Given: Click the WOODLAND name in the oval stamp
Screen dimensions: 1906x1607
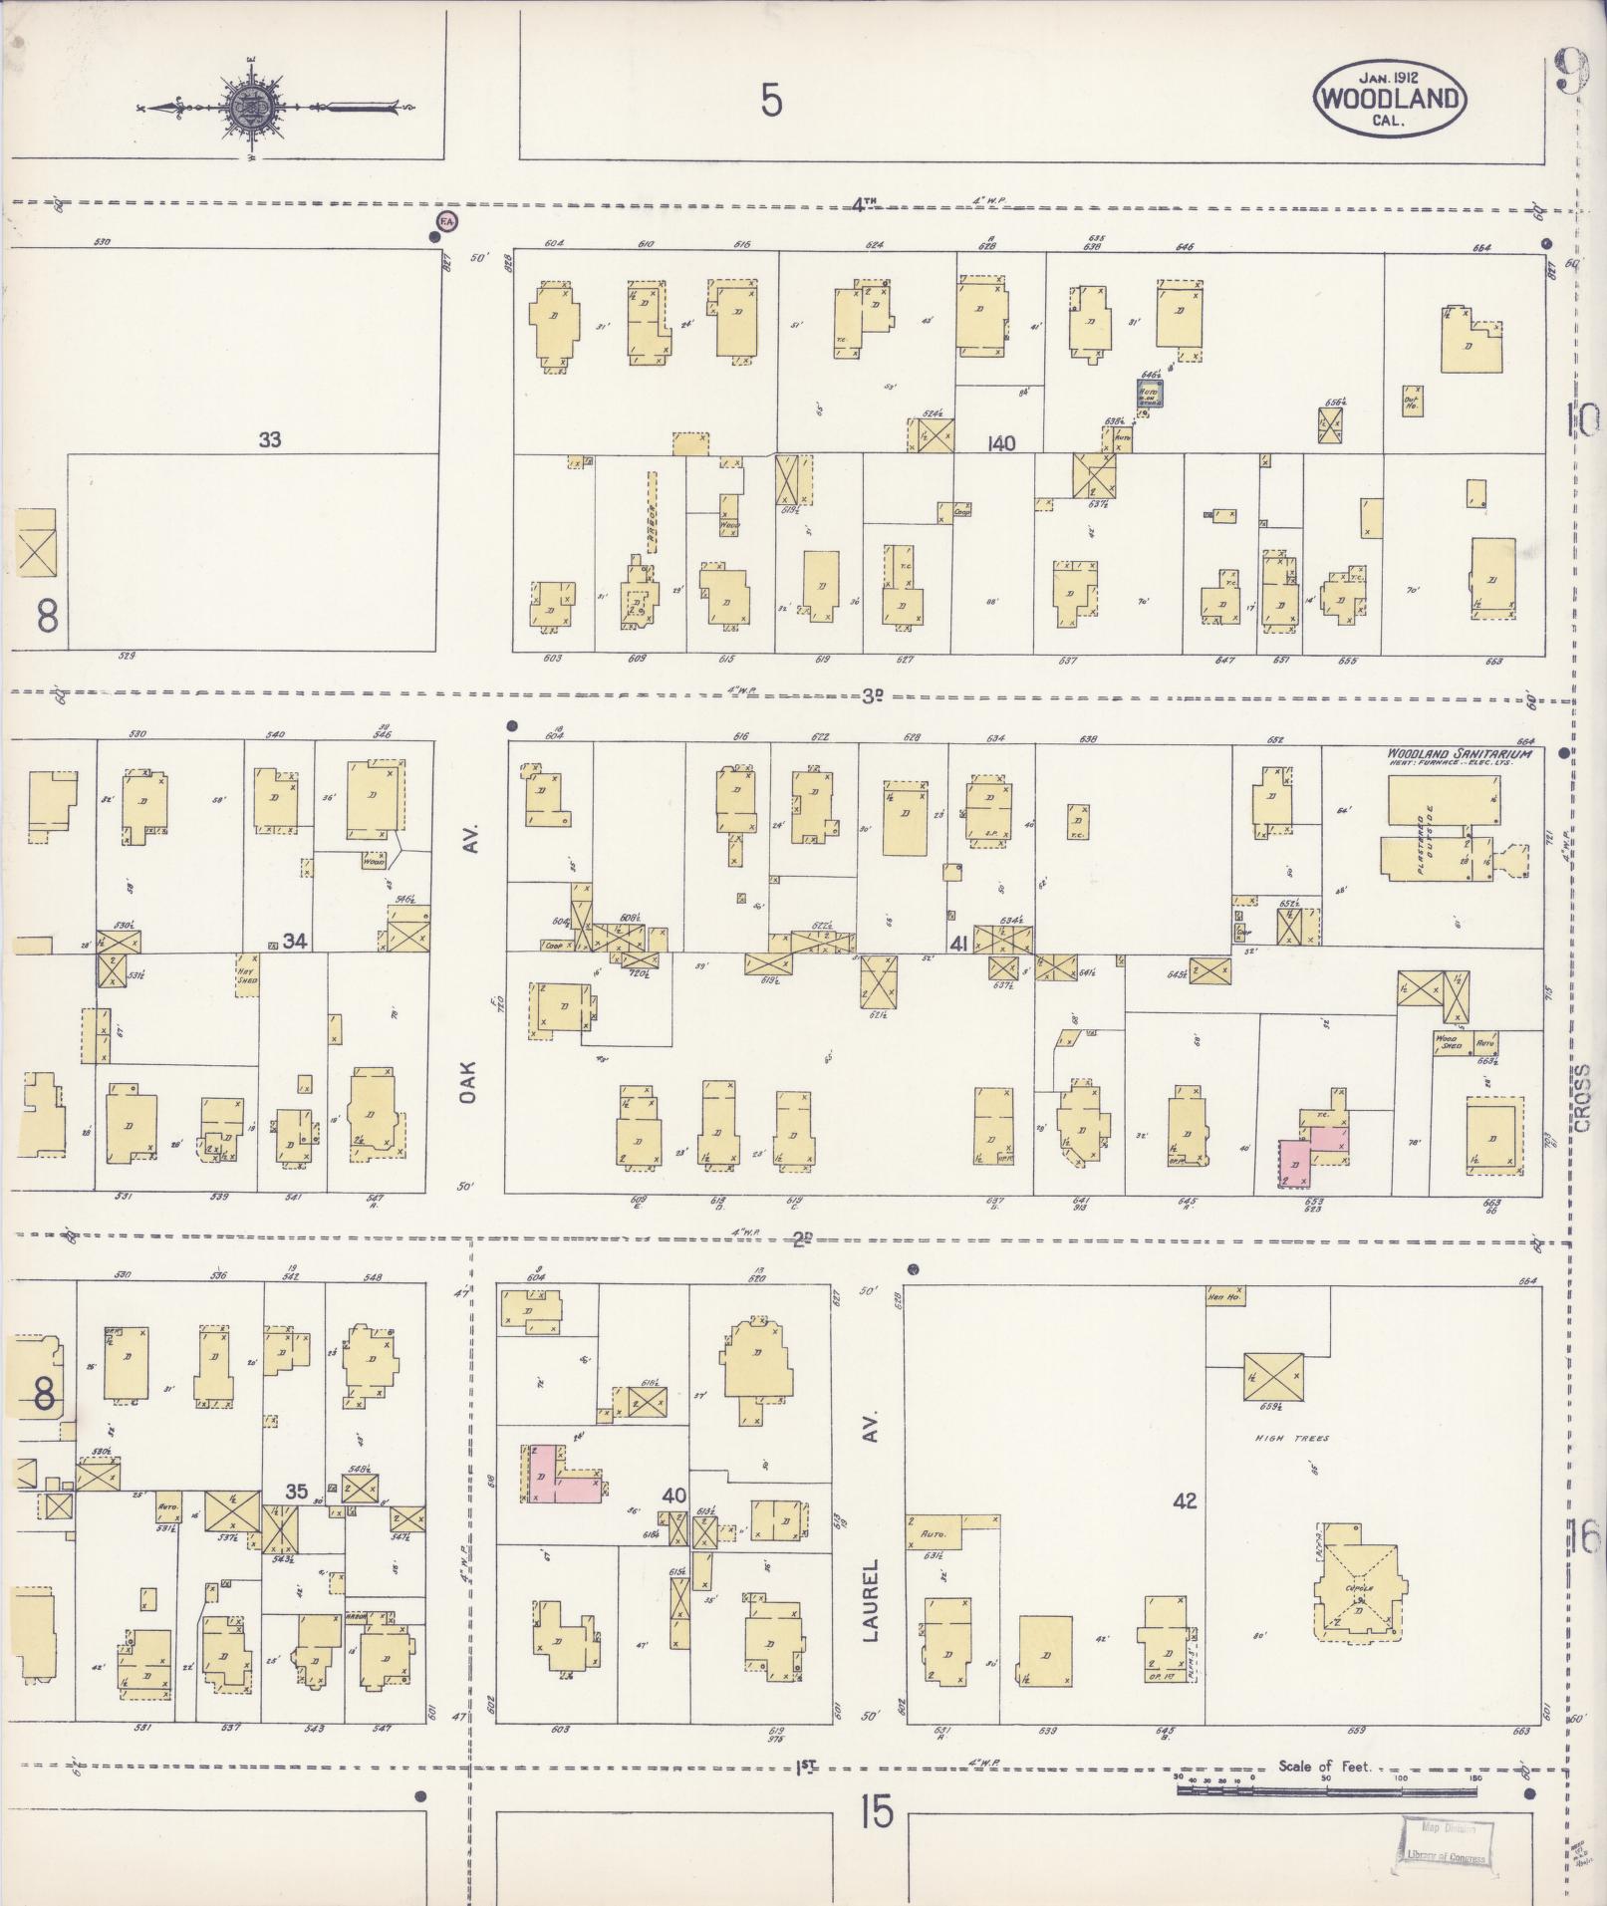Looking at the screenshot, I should pos(1391,99).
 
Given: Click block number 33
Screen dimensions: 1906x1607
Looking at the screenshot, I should pos(269,439).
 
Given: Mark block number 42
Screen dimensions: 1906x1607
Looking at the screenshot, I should pos(1184,1500).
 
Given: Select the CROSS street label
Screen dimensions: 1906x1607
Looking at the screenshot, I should pos(1584,1103).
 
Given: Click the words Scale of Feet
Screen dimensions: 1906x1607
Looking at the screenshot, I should pos(1324,1767).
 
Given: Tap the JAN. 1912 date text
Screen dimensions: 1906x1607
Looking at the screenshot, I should pos(1390,74).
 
